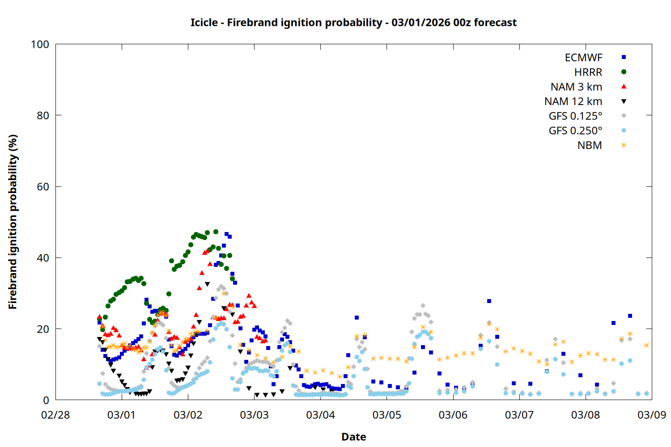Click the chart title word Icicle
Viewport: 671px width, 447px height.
204,22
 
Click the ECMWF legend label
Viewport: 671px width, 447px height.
583,58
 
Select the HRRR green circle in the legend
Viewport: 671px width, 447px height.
624,72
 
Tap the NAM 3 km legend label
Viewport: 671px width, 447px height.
576,87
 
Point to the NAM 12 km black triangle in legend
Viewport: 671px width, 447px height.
624,101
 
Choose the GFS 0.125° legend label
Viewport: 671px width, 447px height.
575,116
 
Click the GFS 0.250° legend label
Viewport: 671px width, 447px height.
575,131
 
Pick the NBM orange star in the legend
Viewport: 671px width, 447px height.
624,145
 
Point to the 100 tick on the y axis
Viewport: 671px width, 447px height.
40,44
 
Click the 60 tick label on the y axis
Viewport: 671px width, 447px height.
43,187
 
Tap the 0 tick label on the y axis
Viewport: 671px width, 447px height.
46,401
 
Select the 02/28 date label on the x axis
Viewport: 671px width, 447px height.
55,415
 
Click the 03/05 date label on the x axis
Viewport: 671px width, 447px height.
387,415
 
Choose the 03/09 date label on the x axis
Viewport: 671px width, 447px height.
652,415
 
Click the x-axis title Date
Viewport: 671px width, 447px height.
353,437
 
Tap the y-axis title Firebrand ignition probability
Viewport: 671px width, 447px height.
13,222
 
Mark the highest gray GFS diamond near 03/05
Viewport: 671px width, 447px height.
423,306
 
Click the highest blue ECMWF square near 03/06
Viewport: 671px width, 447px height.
489,301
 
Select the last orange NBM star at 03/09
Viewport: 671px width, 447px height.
646,345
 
